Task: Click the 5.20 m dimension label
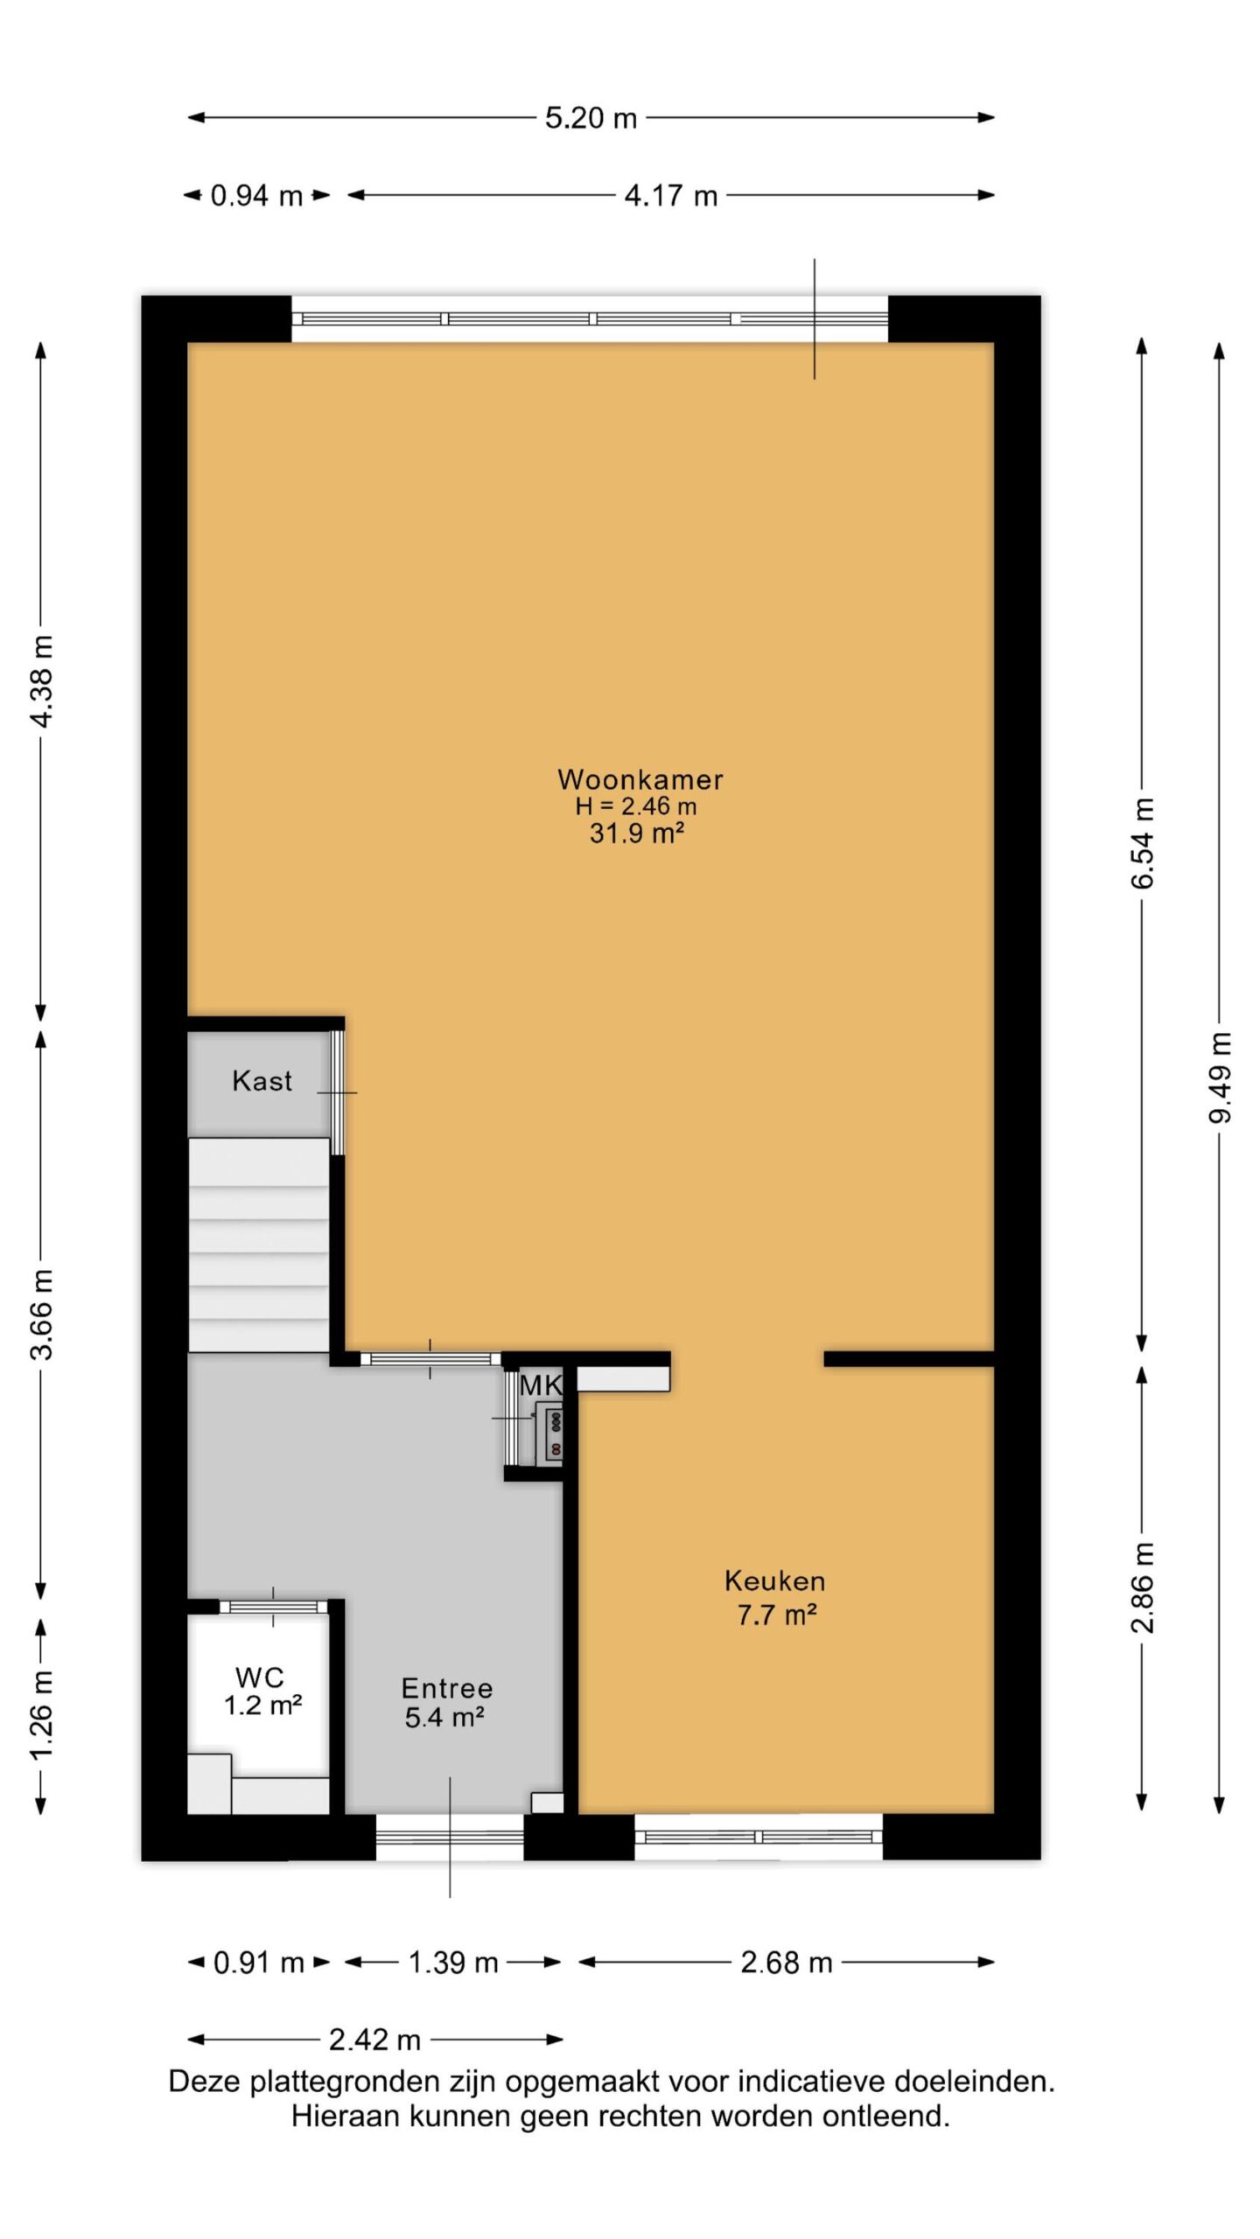tap(591, 118)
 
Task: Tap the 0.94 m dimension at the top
tap(256, 195)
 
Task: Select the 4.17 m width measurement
tap(670, 195)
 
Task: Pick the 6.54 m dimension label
tap(1143, 843)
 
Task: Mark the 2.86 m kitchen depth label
tap(1143, 1587)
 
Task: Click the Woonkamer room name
tap(640, 778)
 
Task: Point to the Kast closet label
tap(262, 1081)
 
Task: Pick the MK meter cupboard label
tap(540, 1385)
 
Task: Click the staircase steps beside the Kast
tap(259, 1245)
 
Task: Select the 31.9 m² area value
tap(636, 833)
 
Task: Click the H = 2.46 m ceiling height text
tap(636, 806)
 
